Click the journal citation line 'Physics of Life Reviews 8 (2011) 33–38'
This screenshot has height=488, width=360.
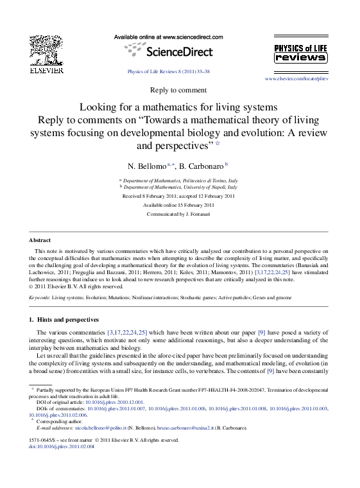(x=168, y=72)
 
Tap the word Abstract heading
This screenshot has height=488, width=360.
(x=40, y=240)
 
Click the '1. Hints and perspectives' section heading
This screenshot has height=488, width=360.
(x=64, y=319)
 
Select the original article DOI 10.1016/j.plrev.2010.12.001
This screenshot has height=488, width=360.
(x=115, y=403)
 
